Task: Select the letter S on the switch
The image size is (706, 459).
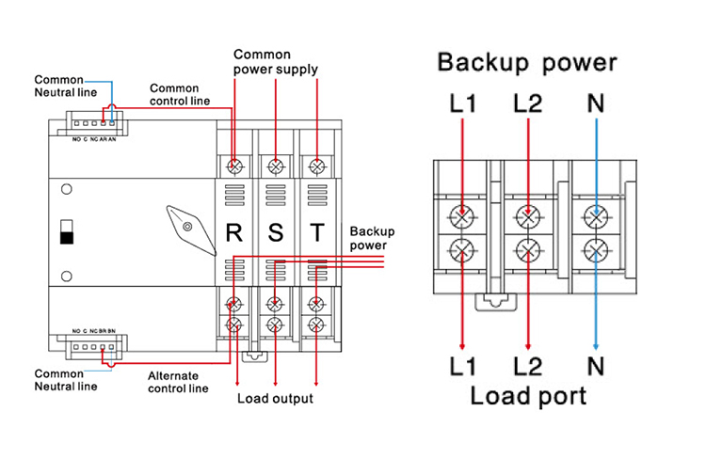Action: tap(275, 231)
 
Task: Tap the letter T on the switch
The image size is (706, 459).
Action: tap(316, 231)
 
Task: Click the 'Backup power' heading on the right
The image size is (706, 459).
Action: tap(527, 64)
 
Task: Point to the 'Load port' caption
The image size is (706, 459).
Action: tap(528, 394)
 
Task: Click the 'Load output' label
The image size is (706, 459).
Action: tap(275, 399)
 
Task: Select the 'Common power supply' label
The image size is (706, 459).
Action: tap(275, 62)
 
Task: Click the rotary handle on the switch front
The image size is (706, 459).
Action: tap(185, 225)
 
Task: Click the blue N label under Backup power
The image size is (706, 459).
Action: tap(595, 103)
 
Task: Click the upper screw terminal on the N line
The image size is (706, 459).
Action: tap(594, 214)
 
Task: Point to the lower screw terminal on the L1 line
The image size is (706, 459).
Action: tap(462, 251)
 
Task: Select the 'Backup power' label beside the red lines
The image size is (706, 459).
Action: tap(372, 237)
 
